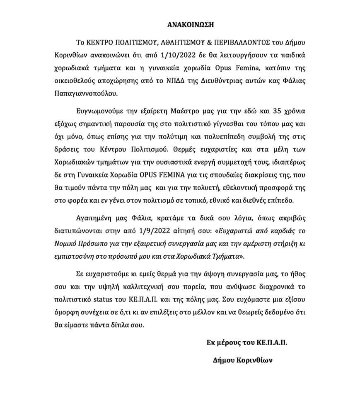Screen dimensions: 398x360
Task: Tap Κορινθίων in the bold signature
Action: point(254,360)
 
